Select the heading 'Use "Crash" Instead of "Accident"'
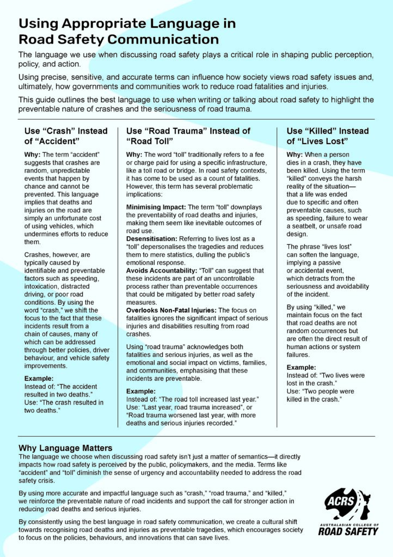coord(66,136)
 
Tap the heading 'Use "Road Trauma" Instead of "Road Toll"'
coord(188,136)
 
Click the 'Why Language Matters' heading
coord(65,448)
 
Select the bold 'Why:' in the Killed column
coord(294,155)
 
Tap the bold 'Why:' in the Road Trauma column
coord(134,155)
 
